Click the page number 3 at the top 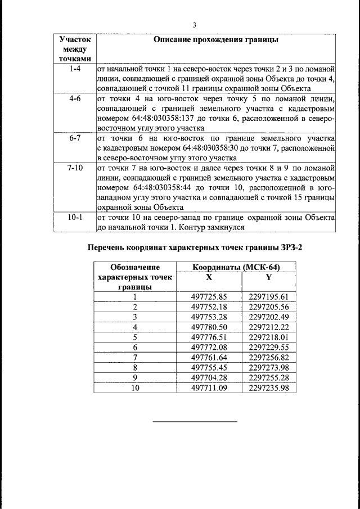pyautogui.click(x=195, y=25)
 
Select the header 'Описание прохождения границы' pyautogui.click(x=216, y=40)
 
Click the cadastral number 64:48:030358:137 pyautogui.click(x=134, y=118)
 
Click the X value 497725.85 pyautogui.click(x=209, y=296)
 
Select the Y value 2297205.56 pyautogui.click(x=268, y=307)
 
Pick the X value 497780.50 pyautogui.click(x=209, y=327)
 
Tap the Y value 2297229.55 pyautogui.click(x=268, y=347)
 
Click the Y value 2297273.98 pyautogui.click(x=268, y=367)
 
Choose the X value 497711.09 pyautogui.click(x=209, y=388)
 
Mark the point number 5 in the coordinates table pyautogui.click(x=135, y=337)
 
